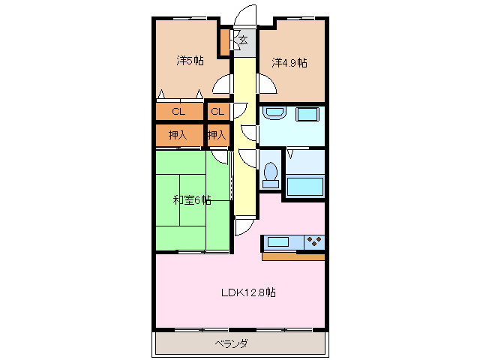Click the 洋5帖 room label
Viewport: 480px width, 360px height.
tap(190, 61)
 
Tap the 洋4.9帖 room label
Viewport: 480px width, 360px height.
tap(289, 63)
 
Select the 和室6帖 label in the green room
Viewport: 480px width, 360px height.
tap(191, 200)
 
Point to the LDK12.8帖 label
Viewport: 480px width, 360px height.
tap(247, 292)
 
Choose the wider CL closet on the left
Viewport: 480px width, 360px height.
tap(178, 112)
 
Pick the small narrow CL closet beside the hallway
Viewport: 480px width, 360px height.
tap(217, 112)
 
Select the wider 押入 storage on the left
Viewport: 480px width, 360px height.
tap(178, 136)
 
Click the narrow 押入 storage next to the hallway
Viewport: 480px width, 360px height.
tap(217, 136)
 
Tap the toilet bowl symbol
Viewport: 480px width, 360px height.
tap(271, 173)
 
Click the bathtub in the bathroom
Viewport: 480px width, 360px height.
tap(305, 184)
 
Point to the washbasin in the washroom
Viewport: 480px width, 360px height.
tap(274, 114)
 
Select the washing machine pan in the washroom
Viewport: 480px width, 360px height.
tap(308, 115)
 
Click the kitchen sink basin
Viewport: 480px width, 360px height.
tap(278, 242)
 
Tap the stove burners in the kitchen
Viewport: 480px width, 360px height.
tap(313, 242)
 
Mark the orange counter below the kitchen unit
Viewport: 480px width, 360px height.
tap(293, 256)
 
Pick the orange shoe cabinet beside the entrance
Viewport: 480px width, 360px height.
tap(224, 43)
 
